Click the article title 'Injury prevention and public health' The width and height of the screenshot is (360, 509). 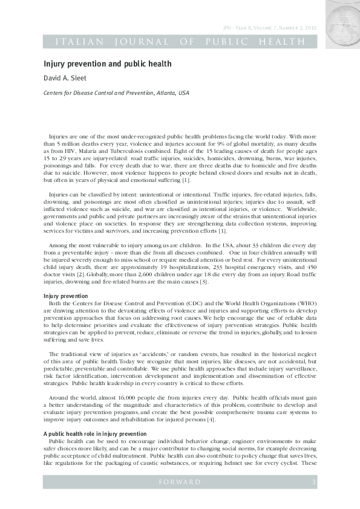108,63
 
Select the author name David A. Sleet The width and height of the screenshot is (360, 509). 67,78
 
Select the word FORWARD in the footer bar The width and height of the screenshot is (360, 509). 179,482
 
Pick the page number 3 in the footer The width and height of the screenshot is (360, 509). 313,482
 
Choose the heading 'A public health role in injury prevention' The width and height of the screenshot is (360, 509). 94,417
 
